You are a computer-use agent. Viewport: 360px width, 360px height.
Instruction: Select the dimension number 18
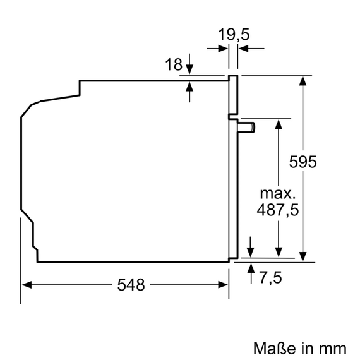pos(173,64)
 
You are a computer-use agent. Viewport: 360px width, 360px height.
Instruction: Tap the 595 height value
pos(303,162)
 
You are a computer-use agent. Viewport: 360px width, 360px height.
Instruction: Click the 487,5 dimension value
pos(278,209)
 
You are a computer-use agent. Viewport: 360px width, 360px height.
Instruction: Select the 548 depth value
pos(131,285)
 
